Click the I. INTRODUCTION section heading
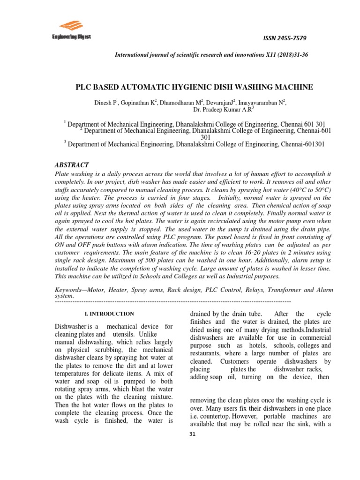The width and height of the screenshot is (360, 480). pos(105,314)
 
